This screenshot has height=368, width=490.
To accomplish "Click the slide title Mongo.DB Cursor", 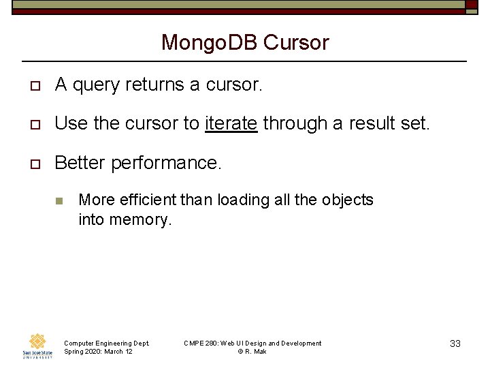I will click(245, 42).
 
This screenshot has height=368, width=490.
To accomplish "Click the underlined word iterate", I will click(231, 123).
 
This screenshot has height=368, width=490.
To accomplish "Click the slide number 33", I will click(455, 343).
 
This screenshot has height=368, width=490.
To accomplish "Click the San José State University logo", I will click(37, 346).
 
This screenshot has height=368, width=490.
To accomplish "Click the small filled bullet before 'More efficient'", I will click(59, 200).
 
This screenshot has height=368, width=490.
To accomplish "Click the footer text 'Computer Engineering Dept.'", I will click(106, 343).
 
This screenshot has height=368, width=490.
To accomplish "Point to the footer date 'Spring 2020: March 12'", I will click(98, 351).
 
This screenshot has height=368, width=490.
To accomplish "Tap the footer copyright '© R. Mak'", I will click(252, 351).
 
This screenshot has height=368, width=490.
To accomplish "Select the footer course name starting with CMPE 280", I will click(252, 343).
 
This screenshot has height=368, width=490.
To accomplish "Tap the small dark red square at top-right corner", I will click(472, 5).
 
